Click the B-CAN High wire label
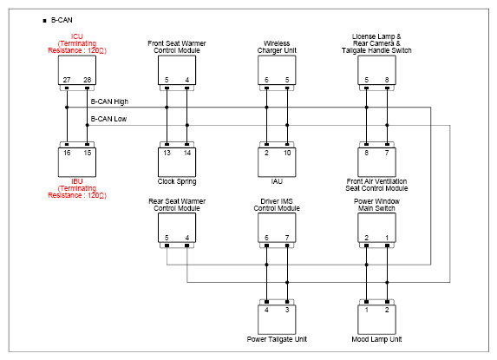click(x=109, y=101)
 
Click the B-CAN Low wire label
click(x=108, y=119)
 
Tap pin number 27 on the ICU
click(x=67, y=80)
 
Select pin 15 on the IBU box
click(x=87, y=153)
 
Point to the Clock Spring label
click(x=177, y=181)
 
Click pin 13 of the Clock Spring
click(x=167, y=153)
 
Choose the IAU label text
click(x=277, y=181)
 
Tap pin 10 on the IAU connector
click(x=287, y=153)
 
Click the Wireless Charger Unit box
click(x=277, y=70)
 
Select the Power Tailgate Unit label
click(x=277, y=339)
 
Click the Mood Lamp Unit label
click(x=376, y=339)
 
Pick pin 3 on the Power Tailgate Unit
click(x=287, y=310)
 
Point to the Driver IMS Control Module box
click(x=277, y=227)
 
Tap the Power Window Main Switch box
click(x=376, y=227)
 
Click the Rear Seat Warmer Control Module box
click(x=177, y=227)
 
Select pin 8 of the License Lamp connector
click(x=387, y=80)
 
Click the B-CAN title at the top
click(x=62, y=20)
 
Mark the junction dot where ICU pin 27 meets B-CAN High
click(x=67, y=108)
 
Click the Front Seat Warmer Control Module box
click(x=177, y=70)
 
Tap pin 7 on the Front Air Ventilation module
click(x=387, y=153)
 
